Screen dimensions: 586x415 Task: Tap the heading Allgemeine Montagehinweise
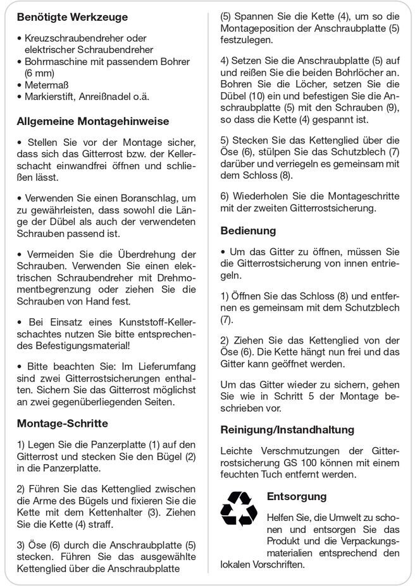pyautogui.click(x=93, y=121)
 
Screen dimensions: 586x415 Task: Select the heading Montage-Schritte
pyautogui.click(x=62, y=423)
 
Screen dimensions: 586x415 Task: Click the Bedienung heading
pyautogui.click(x=248, y=230)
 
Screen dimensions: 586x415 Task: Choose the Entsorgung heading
pyautogui.click(x=297, y=496)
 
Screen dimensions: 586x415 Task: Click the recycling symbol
pyautogui.click(x=238, y=508)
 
